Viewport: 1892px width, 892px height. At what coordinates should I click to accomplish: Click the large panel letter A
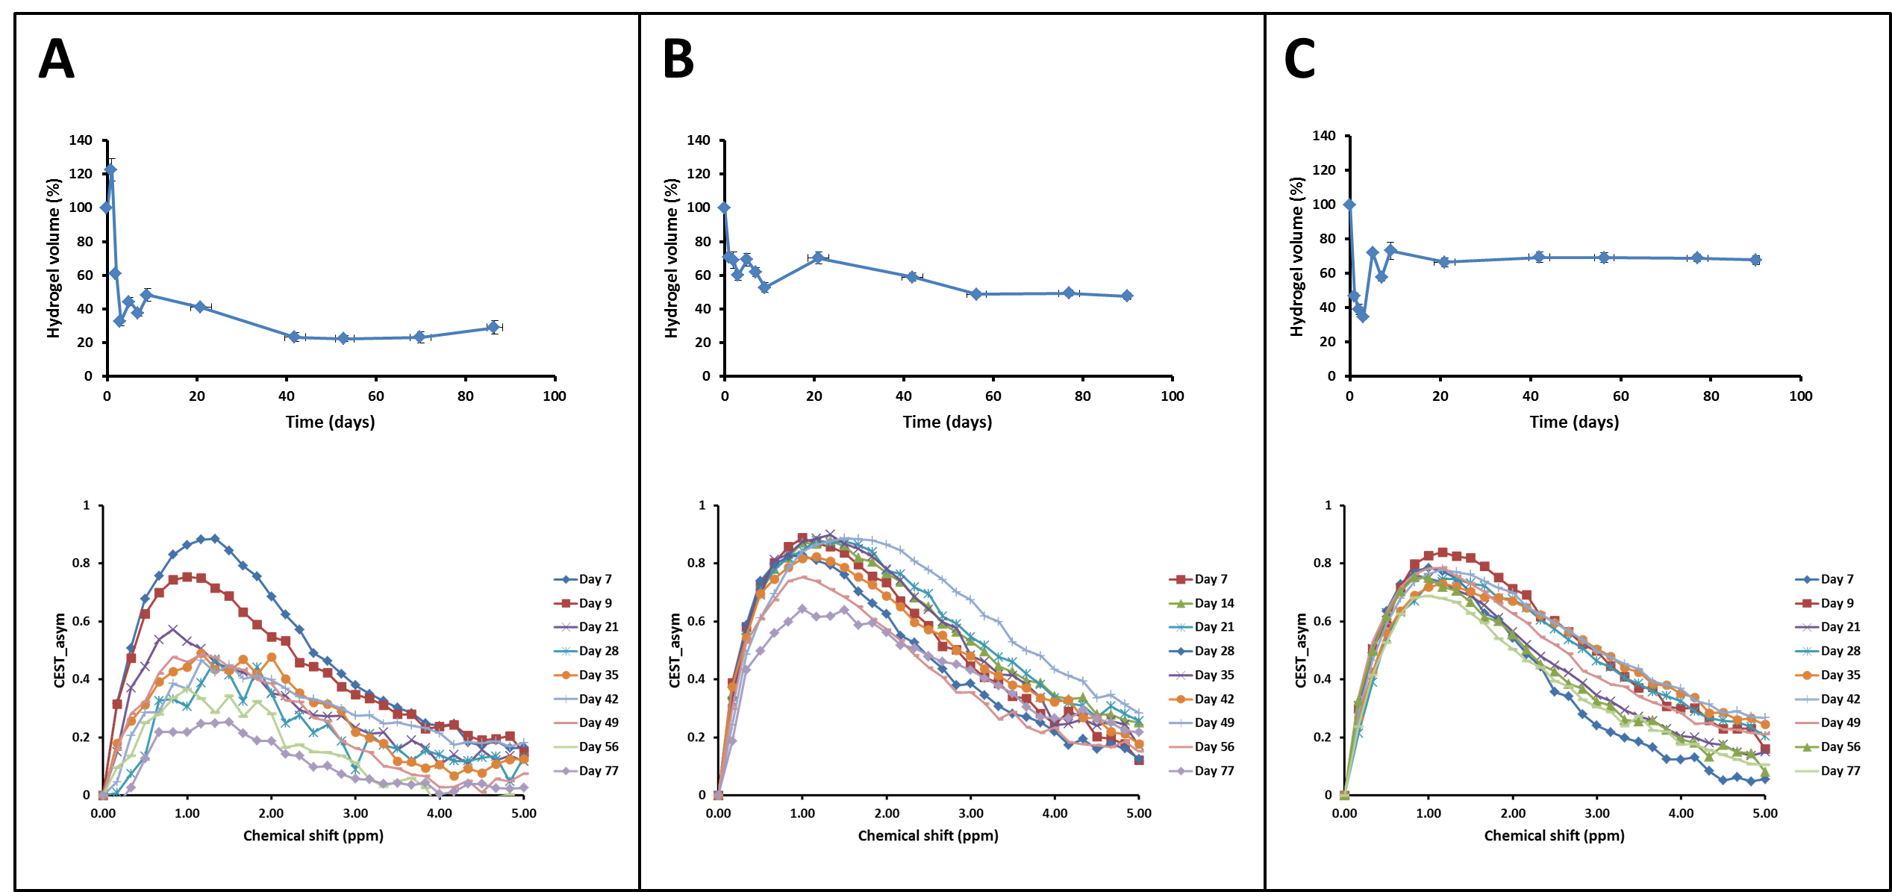57,59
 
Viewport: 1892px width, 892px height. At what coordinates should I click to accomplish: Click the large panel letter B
678,59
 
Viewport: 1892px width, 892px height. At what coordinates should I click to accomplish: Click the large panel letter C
1299,59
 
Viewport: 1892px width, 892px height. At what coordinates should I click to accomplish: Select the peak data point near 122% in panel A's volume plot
110,169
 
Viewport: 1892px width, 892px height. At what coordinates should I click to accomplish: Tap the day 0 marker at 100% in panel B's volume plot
724,208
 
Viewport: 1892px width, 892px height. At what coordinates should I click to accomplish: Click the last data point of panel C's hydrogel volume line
1755,260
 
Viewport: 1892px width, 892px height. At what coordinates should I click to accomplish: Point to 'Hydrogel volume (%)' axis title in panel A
53,258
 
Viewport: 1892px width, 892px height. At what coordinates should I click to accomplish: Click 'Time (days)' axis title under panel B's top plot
947,422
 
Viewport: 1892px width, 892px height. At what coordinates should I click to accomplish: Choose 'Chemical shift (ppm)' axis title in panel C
1554,836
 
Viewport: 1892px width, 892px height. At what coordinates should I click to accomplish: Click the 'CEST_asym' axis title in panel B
675,650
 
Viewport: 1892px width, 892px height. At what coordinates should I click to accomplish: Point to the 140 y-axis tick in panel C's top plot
1324,136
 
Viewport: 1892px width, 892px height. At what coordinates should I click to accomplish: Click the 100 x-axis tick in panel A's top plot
555,396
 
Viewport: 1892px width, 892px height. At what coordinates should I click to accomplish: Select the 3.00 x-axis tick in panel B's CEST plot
970,814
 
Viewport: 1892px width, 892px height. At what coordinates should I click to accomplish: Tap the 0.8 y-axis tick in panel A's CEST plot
81,564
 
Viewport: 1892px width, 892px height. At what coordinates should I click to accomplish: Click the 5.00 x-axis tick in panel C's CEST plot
1764,814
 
